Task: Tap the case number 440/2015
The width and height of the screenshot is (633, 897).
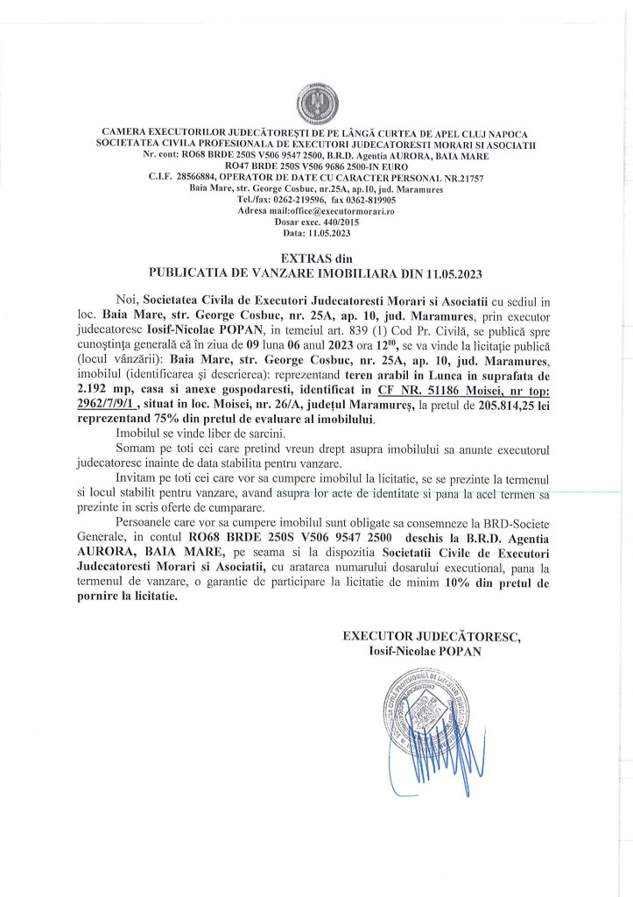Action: point(327,223)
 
